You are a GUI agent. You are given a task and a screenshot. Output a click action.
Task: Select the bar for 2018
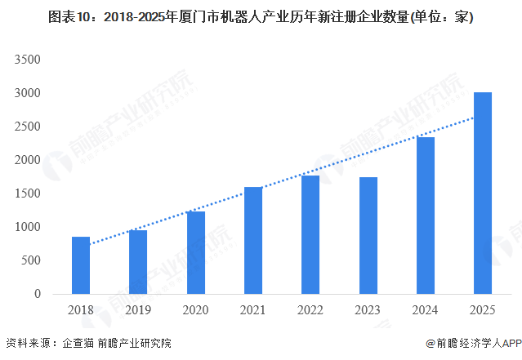pos(81,265)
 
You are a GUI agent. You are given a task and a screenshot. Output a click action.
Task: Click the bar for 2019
pos(138,262)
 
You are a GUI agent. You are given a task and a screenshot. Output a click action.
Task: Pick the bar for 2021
pos(253,241)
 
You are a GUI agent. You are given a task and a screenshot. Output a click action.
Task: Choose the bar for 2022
pos(310,235)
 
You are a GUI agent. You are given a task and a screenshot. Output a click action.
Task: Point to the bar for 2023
pos(368,236)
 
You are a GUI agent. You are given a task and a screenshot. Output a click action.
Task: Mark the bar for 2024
pos(426,216)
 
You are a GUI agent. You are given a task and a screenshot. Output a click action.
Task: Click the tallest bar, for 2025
pos(483,193)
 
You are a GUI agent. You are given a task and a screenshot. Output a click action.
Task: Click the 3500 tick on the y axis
pos(28,60)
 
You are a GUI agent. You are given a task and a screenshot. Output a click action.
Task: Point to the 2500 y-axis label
pos(28,127)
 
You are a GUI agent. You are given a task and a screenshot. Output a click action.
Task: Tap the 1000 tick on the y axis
pos(28,227)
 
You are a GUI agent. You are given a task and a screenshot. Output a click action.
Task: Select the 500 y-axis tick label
pos(31,260)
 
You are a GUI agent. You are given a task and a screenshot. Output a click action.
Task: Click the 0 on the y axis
pos(38,294)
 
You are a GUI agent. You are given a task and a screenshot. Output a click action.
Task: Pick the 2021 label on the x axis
pos(253,311)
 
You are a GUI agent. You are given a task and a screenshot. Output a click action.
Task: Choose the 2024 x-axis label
pos(426,311)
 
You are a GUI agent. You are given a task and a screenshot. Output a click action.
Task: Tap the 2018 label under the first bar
pos(81,311)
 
